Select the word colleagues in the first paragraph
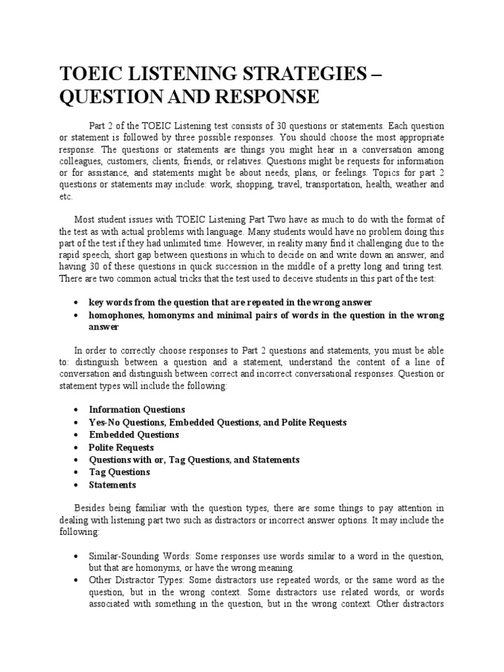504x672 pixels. click(81, 161)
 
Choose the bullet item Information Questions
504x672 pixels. click(137, 409)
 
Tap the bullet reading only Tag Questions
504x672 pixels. click(119, 472)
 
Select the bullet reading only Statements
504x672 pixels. click(112, 484)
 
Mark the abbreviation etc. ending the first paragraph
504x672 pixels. click(66, 197)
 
